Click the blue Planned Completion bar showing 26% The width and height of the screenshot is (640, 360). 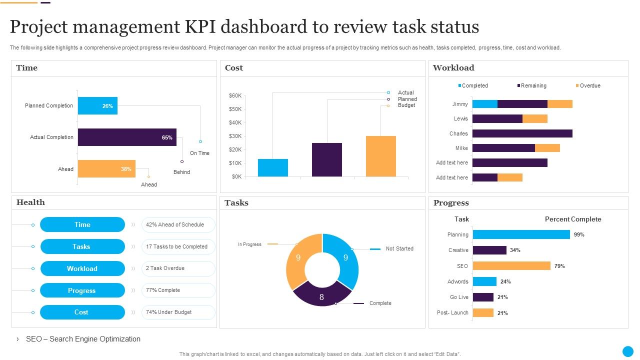point(97,106)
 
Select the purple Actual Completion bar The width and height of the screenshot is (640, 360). point(127,137)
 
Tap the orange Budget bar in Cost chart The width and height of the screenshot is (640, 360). point(380,156)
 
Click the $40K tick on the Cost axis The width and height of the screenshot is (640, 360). point(235,122)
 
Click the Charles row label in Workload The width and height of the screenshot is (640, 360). point(458,133)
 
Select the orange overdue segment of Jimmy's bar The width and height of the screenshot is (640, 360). point(559,104)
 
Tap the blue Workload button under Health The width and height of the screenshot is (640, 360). point(82,268)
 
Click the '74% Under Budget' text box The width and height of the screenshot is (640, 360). point(178,312)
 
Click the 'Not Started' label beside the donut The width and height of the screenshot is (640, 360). point(399,248)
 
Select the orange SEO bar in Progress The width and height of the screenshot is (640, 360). point(511,266)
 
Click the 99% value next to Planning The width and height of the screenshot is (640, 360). point(579,234)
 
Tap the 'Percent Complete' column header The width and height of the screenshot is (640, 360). point(573,219)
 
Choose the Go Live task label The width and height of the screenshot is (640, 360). point(459,297)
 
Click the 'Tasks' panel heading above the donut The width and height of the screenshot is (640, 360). point(236,203)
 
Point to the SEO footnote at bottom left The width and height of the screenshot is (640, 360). point(83,339)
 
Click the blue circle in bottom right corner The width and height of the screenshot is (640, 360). point(627,351)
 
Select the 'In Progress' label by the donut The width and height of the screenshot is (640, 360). point(249,244)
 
